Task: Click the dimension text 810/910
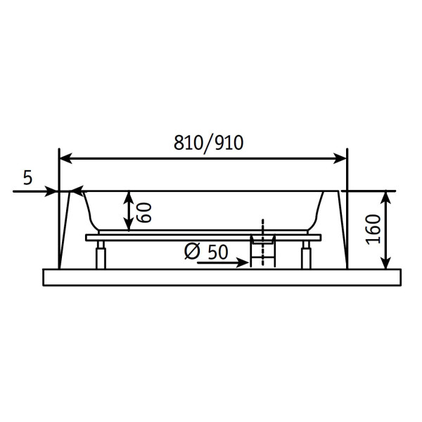[x=208, y=143]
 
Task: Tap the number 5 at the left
[x=27, y=177]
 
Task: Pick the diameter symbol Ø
[x=193, y=251]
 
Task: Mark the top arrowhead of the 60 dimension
[x=127, y=197]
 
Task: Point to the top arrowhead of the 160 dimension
[x=385, y=196]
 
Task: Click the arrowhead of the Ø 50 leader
[x=244, y=263]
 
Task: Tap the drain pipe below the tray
[x=262, y=255]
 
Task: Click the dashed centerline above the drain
[x=262, y=226]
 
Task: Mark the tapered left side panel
[x=64, y=232]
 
